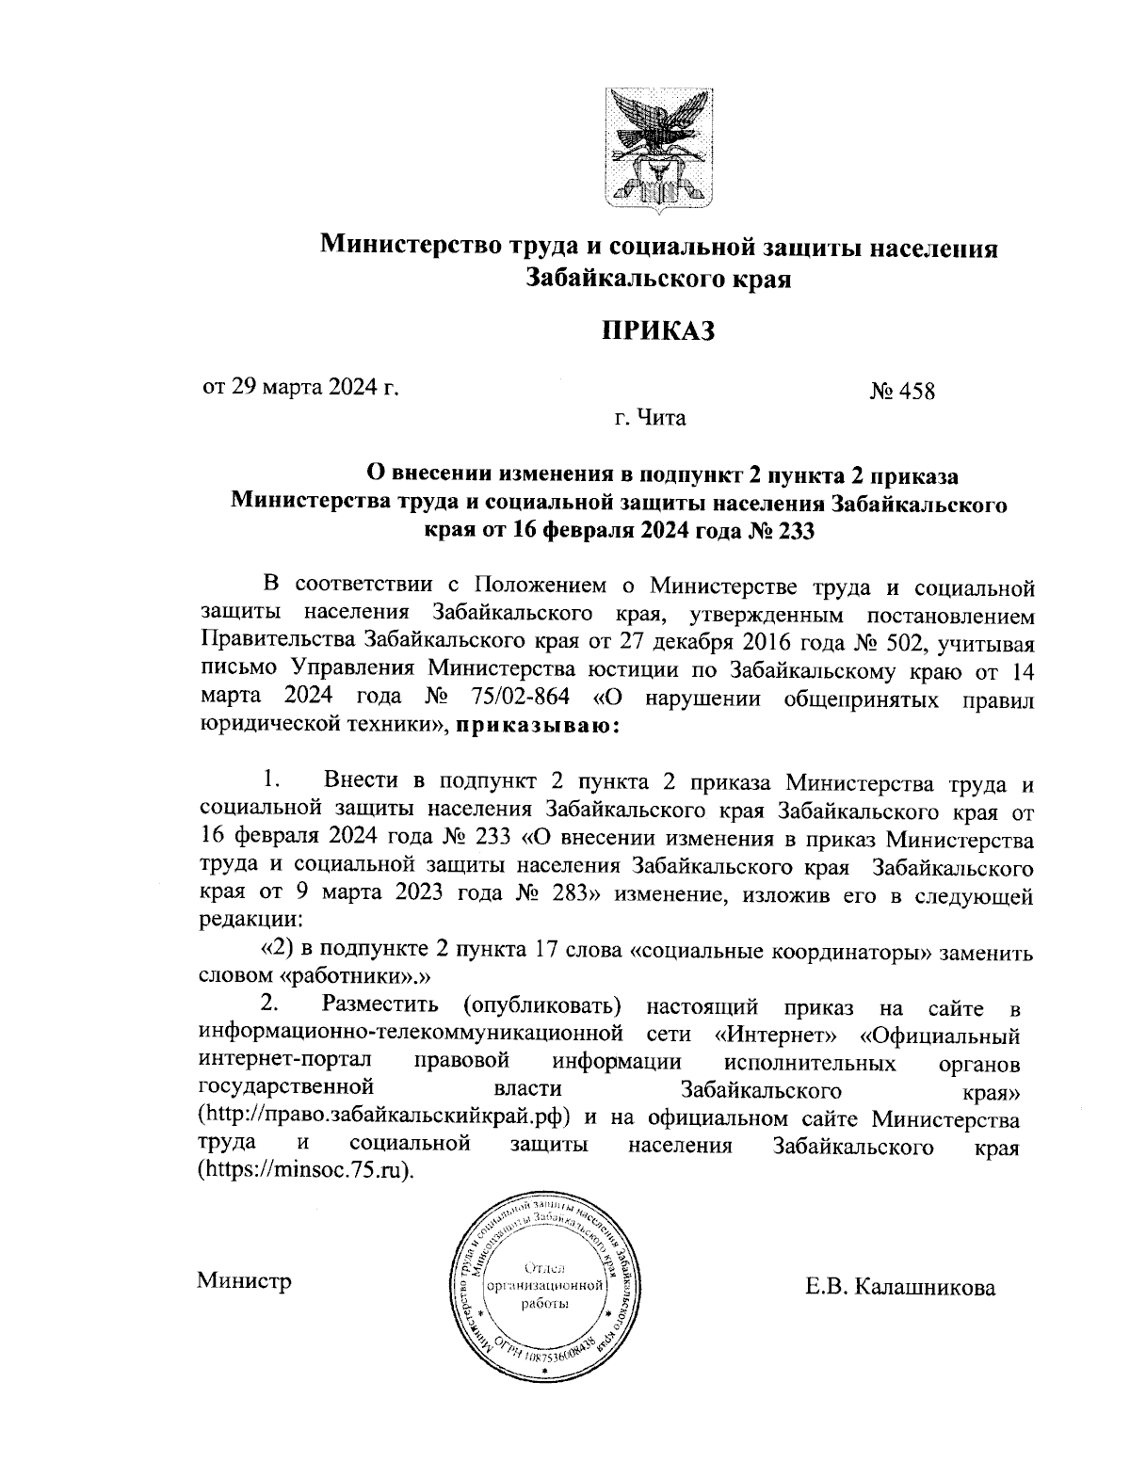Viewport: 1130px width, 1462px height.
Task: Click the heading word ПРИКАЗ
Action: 659,331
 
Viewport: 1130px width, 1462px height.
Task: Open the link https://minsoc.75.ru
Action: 306,1172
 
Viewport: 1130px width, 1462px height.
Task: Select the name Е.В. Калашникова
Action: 900,1287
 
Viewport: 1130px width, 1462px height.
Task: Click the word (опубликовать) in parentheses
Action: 541,1008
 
